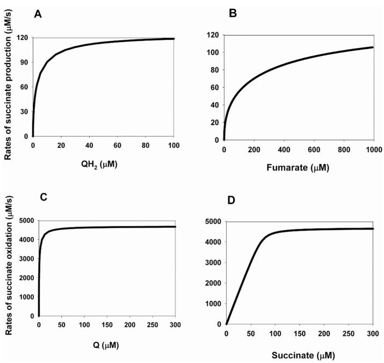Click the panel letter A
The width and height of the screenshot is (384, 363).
[x=38, y=15]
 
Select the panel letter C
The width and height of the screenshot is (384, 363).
[x=38, y=197]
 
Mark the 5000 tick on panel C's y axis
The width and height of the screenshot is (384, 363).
[x=20, y=220]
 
